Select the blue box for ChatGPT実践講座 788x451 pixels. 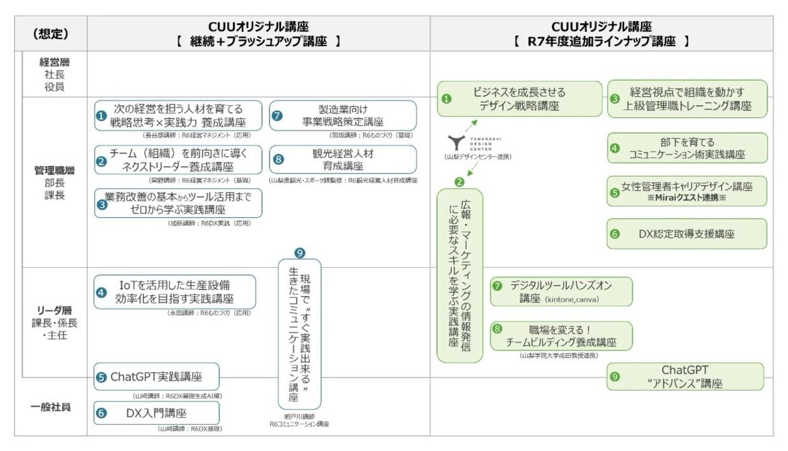tap(156, 377)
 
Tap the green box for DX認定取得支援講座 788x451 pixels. tap(686, 234)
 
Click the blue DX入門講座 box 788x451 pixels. tap(156, 413)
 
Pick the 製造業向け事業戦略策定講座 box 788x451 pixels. tap(342, 115)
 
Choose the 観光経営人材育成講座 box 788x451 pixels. tap(342, 159)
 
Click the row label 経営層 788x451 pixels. tap(54, 63)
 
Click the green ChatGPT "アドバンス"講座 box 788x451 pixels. tap(685, 377)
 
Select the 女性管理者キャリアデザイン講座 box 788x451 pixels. tap(686, 191)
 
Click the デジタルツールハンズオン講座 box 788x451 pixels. tap(561, 291)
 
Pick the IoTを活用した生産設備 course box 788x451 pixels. tap(175, 291)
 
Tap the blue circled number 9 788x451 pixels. tap(300, 253)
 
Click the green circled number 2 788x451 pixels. tap(459, 182)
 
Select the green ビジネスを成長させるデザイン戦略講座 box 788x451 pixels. tap(520, 99)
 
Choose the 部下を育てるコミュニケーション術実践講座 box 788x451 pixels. tap(686, 149)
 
